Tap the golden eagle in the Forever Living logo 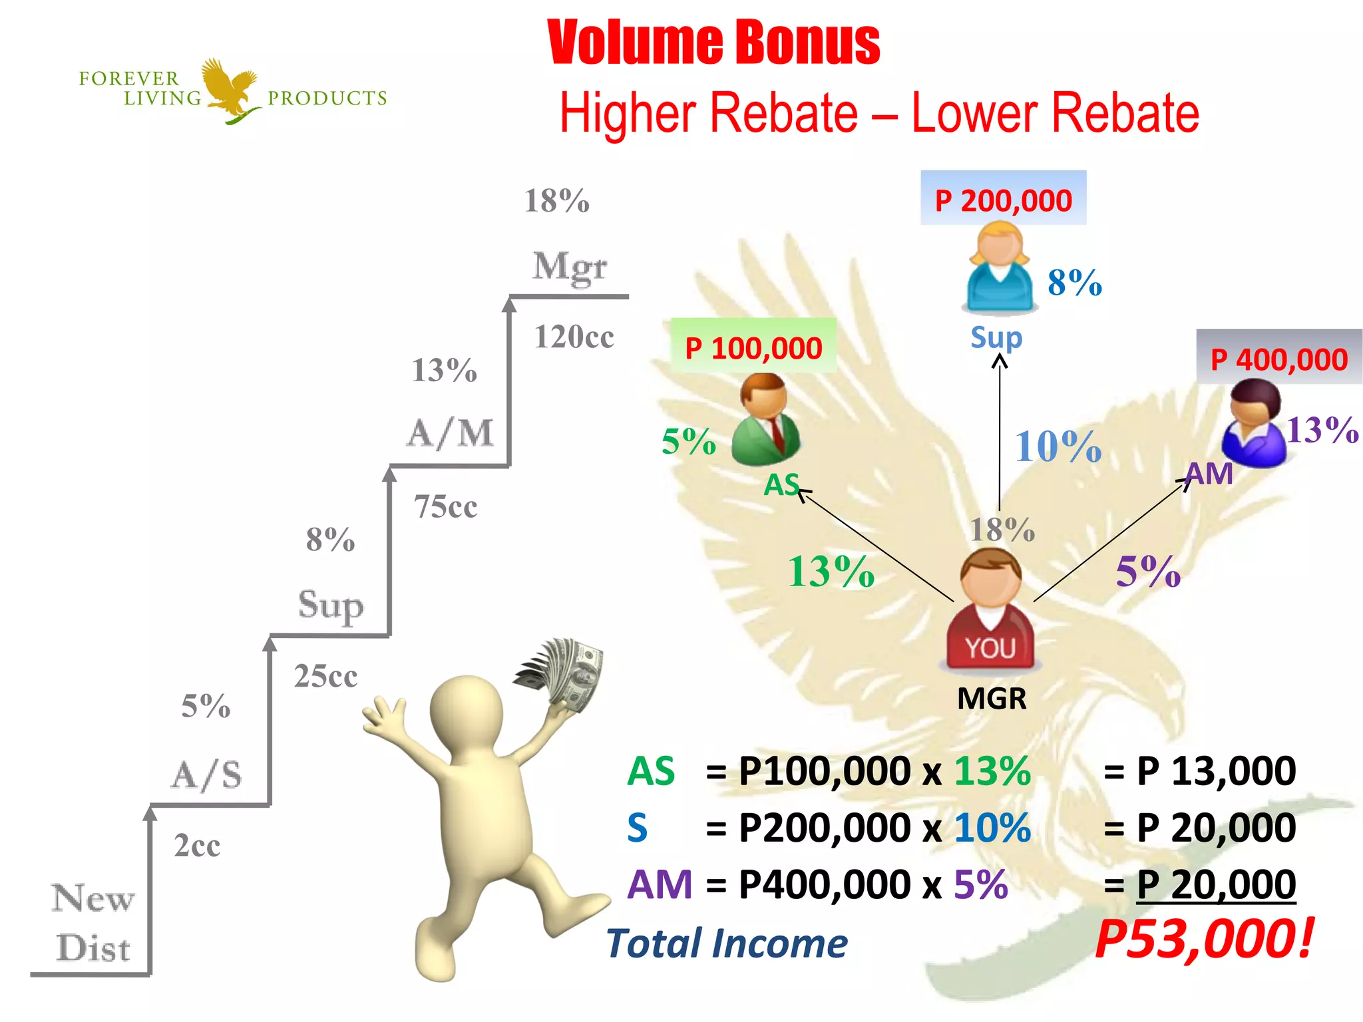(230, 90)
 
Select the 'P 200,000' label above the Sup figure (1003, 200)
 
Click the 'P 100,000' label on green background (753, 348)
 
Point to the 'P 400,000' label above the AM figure (1278, 360)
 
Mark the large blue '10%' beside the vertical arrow (1058, 446)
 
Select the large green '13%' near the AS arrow (831, 572)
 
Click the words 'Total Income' (727, 943)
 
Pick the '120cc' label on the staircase (574, 337)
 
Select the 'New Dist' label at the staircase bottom (93, 923)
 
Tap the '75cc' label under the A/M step (445, 507)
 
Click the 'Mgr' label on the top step (570, 266)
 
